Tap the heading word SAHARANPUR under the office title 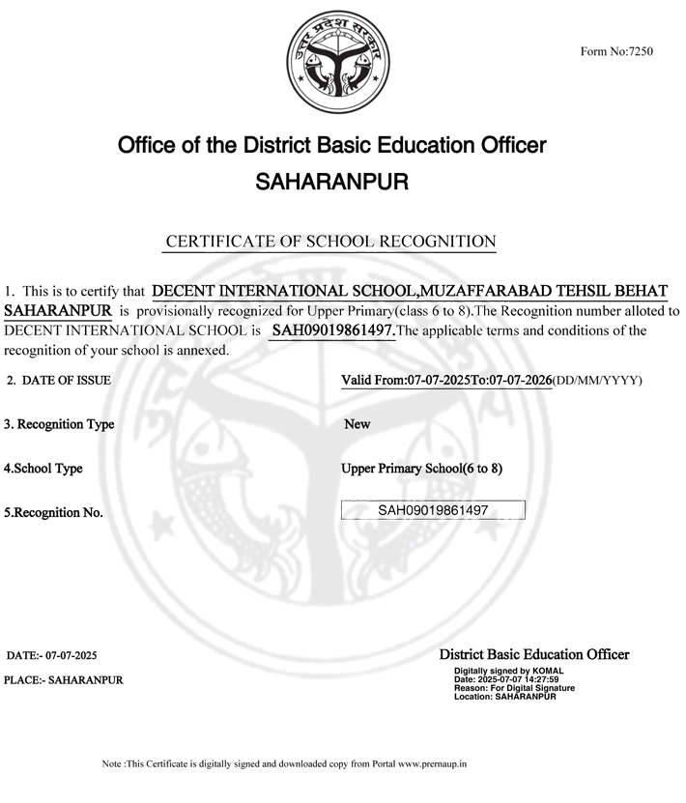pyautogui.click(x=331, y=181)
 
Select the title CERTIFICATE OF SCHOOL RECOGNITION pyautogui.click(x=331, y=242)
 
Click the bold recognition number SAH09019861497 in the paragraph pyautogui.click(x=333, y=330)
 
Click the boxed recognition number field pyautogui.click(x=433, y=510)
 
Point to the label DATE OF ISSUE pyautogui.click(x=66, y=381)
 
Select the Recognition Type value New pyautogui.click(x=357, y=424)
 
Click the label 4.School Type pyautogui.click(x=43, y=469)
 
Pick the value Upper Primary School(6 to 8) pyautogui.click(x=421, y=469)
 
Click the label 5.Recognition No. pyautogui.click(x=53, y=513)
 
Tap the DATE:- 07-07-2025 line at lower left pyautogui.click(x=51, y=656)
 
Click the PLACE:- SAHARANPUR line pyautogui.click(x=64, y=680)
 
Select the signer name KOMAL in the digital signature pyautogui.click(x=548, y=671)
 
